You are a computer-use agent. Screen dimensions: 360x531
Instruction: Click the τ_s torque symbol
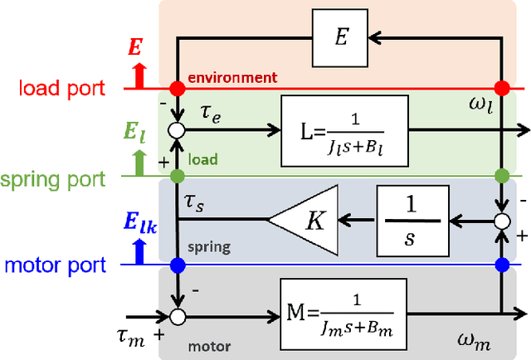(x=194, y=202)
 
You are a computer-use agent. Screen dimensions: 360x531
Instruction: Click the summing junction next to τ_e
(x=177, y=130)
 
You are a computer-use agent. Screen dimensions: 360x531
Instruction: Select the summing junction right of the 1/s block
(x=501, y=221)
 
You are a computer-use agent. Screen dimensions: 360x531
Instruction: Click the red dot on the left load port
(x=177, y=88)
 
